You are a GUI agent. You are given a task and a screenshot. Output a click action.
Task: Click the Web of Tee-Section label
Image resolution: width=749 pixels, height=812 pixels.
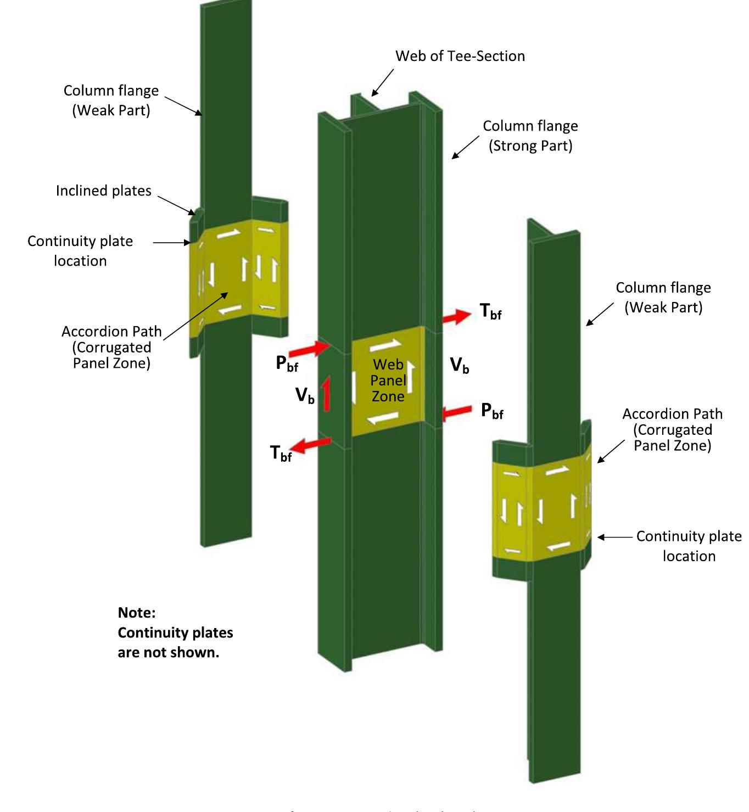point(460,56)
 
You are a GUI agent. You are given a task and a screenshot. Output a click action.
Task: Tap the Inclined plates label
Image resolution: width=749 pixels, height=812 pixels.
point(103,191)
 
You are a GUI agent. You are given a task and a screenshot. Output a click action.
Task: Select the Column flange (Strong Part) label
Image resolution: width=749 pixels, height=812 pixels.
point(530,136)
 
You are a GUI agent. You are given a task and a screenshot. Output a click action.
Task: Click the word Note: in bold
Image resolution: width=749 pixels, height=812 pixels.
point(137,613)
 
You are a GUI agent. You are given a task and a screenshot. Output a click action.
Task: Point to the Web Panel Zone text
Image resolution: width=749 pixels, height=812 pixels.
point(388,380)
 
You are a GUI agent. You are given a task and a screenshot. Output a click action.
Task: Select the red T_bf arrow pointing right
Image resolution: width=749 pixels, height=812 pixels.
point(456,317)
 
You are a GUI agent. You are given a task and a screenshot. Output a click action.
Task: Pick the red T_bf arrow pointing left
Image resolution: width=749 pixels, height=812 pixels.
point(312,445)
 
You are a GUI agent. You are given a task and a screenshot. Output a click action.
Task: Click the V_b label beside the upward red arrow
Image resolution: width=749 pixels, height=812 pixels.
point(305,395)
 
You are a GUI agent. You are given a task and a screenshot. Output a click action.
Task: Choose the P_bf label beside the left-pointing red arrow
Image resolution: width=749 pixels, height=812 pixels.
point(492,411)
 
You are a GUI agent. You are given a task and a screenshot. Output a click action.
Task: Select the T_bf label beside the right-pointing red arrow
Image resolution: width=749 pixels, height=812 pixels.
point(490,311)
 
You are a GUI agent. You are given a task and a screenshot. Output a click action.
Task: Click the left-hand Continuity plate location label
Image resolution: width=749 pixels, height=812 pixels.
point(80,251)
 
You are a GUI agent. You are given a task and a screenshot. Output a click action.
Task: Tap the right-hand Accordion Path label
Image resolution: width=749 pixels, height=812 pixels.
point(672,429)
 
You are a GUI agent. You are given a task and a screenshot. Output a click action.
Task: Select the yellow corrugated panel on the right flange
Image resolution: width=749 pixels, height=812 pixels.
point(541,508)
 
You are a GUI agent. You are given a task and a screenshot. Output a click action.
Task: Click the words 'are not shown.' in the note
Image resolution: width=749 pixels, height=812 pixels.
point(168,653)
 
